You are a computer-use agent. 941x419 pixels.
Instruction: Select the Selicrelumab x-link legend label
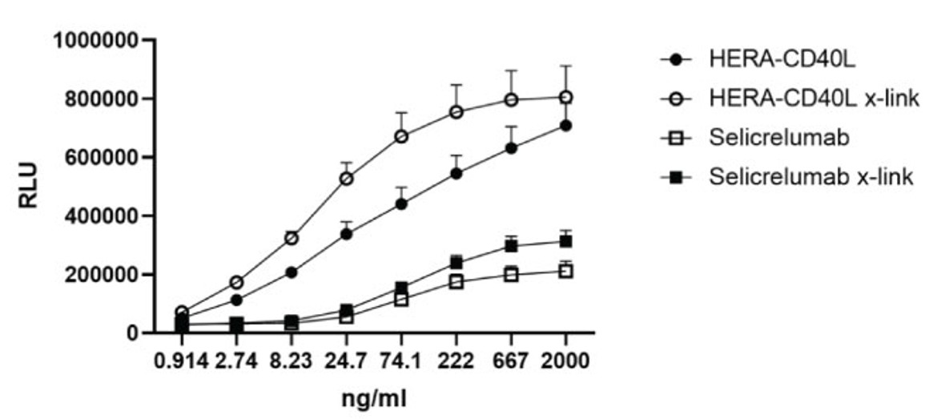pos(811,176)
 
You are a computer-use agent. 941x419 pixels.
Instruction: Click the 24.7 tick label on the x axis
pos(347,361)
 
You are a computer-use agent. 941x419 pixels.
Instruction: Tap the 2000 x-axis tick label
pos(565,361)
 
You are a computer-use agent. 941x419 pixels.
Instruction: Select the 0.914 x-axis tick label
pos(182,361)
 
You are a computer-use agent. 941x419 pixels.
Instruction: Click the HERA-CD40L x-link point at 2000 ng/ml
pos(565,97)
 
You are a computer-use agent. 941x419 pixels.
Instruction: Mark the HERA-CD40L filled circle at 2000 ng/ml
pos(565,126)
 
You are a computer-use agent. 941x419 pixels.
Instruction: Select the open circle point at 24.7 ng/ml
pos(347,179)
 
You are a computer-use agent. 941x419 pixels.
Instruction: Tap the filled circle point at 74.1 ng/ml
pos(401,204)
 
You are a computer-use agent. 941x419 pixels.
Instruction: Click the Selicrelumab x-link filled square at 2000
pos(565,241)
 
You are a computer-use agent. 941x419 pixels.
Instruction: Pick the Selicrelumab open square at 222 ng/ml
pos(456,282)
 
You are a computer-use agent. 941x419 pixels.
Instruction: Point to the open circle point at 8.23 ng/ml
pos(292,238)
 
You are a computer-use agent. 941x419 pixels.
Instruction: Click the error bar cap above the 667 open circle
pos(511,71)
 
